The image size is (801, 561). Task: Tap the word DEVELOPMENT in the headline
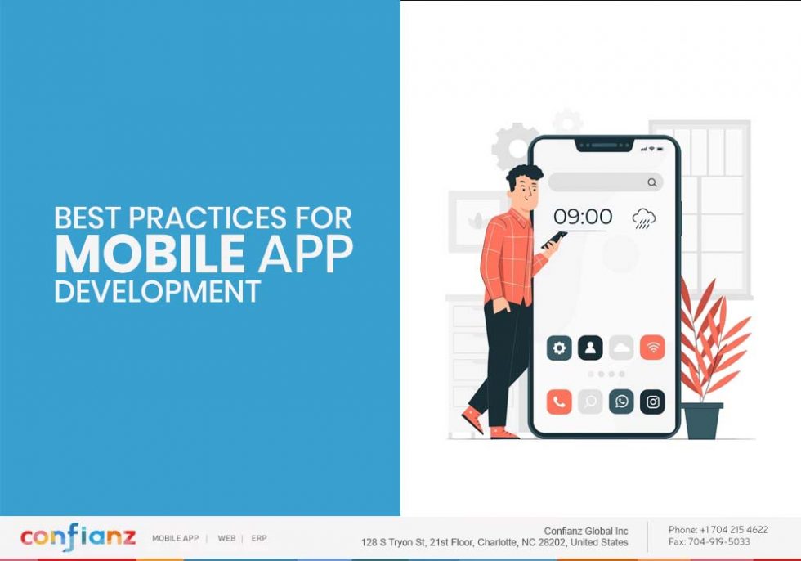158,290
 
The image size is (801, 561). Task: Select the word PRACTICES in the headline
208,218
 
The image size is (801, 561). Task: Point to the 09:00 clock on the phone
582,217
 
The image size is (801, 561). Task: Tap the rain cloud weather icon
644,218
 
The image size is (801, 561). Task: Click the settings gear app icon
559,348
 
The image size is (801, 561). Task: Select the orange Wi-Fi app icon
652,348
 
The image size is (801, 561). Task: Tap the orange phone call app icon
559,402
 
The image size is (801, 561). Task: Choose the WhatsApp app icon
621,402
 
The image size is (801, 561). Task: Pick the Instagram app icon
652,402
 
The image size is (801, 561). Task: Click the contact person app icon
590,348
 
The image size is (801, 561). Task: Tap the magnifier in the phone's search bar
651,182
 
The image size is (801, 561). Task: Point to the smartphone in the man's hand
554,239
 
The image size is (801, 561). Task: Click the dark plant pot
703,420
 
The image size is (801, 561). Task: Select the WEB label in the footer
226,538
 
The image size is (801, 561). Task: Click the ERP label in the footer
259,538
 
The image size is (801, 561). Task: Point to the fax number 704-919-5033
720,541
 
